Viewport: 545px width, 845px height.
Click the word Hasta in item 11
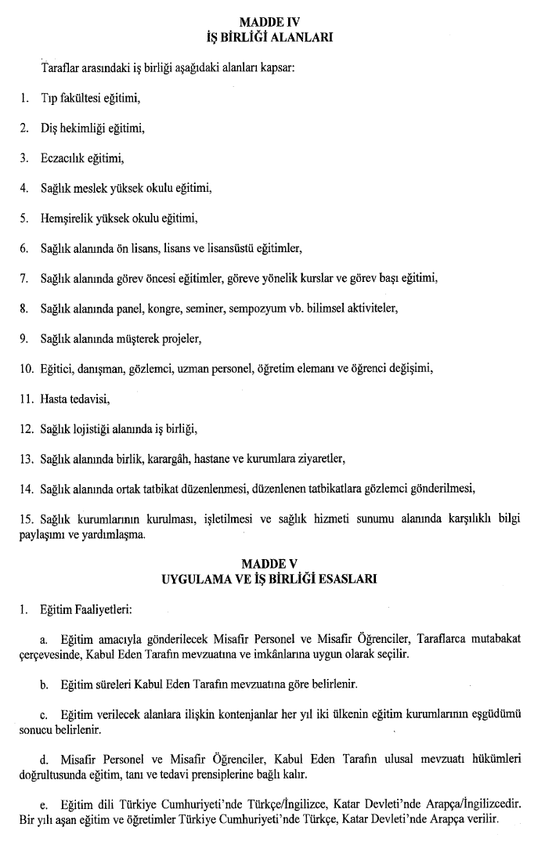coord(55,400)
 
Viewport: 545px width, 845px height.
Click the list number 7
coord(24,278)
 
